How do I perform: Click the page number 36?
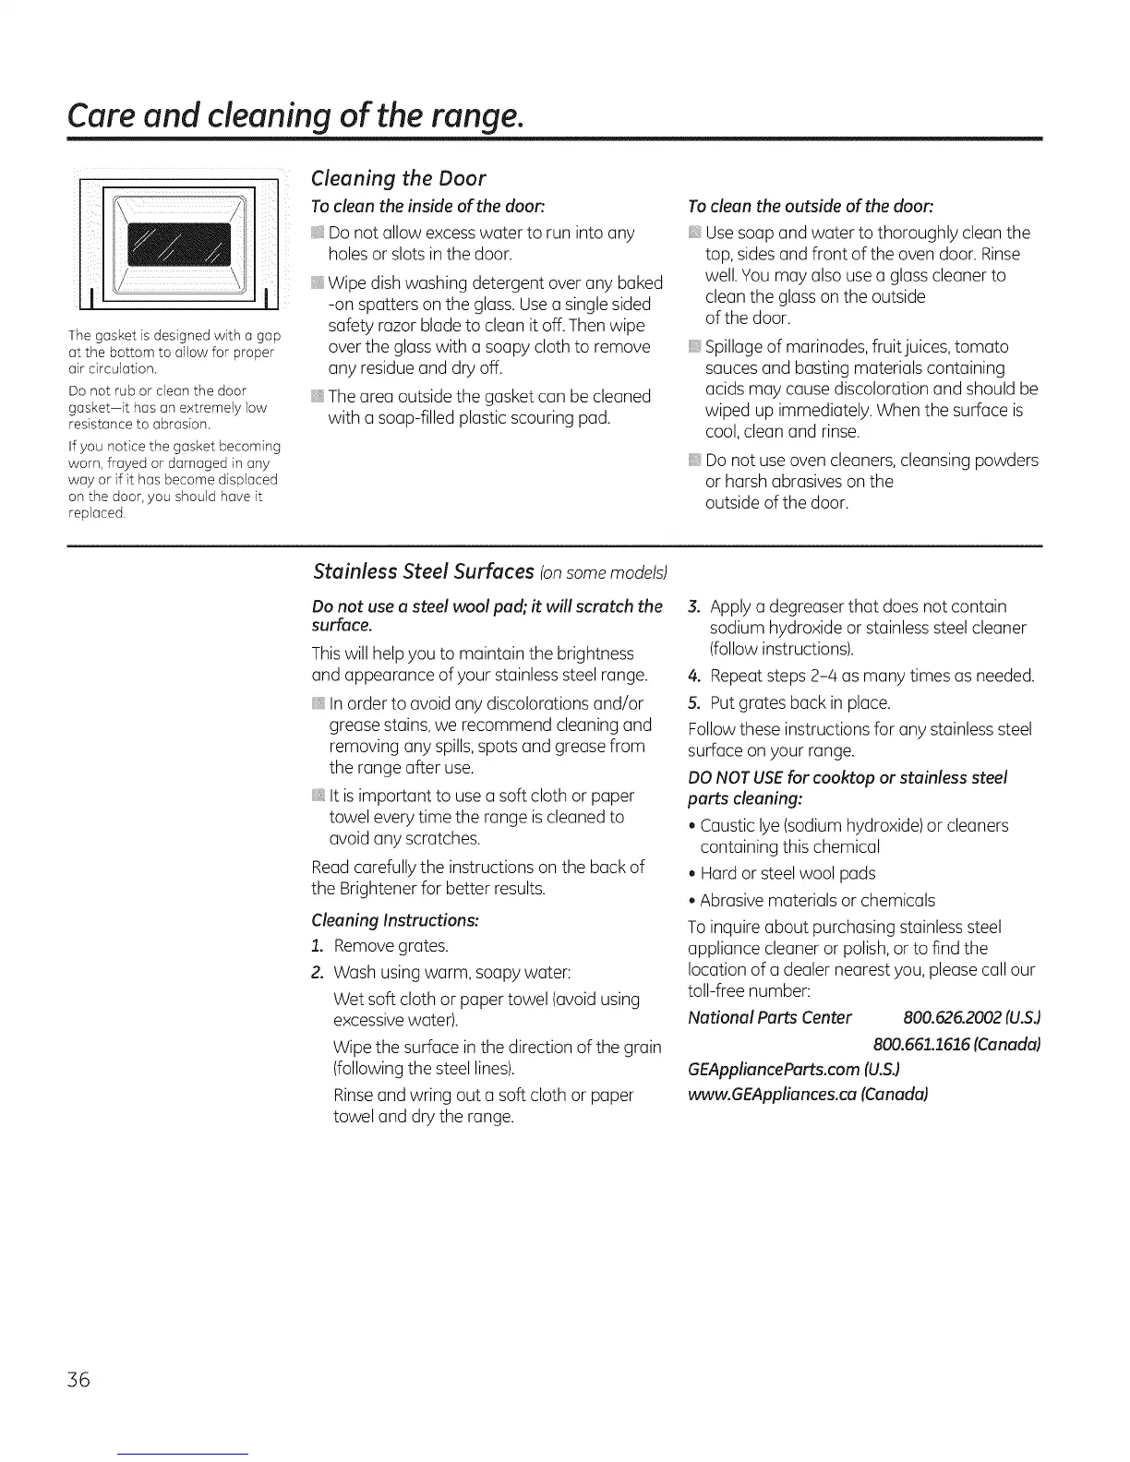[x=78, y=1380]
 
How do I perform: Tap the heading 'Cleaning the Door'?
[x=399, y=178]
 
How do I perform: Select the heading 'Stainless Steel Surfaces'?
[x=424, y=572]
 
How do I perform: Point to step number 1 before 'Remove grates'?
[x=318, y=946]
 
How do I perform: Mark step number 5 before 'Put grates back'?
[x=694, y=703]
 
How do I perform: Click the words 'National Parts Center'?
[x=770, y=1017]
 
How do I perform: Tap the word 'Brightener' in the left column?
[x=379, y=890]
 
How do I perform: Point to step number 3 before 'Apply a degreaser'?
[x=694, y=606]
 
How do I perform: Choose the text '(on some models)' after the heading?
[x=605, y=574]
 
